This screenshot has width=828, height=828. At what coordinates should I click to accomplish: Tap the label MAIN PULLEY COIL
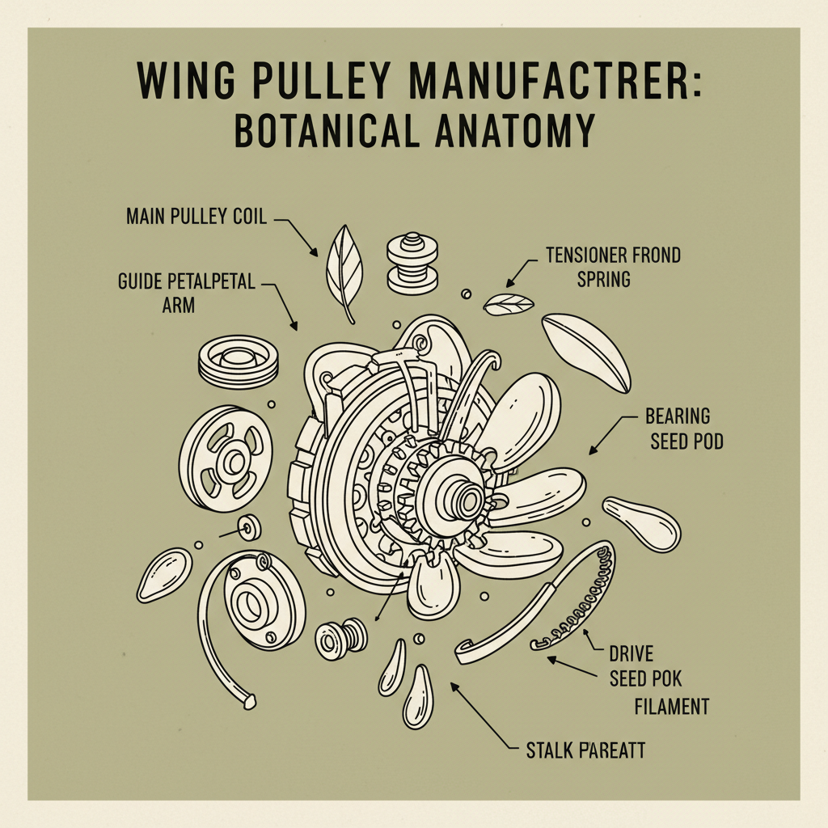(x=196, y=217)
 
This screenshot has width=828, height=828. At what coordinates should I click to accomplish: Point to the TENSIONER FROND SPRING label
(x=612, y=268)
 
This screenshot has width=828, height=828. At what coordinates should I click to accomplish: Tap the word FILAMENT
(x=671, y=707)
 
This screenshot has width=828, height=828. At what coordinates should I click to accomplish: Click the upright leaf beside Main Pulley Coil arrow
(x=344, y=271)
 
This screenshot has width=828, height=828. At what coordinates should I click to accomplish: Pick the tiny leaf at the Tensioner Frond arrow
(x=508, y=305)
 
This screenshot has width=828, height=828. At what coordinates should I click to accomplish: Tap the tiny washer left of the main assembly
(x=248, y=529)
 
